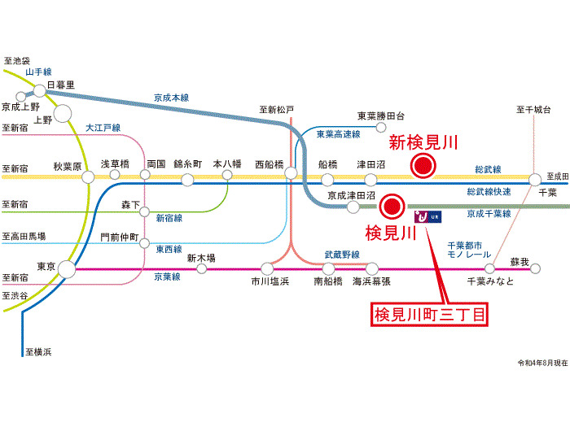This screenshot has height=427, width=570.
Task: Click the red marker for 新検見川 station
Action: pos(423,166)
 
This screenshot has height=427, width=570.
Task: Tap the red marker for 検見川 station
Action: pos(392,207)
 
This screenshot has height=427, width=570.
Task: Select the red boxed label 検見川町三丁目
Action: pos(429,314)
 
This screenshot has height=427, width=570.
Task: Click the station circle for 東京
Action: pos(67,269)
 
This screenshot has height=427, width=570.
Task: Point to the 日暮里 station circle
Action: pos(40,90)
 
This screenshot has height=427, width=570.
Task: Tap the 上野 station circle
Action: pos(63,114)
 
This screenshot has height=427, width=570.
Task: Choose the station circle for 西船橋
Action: pos(291,173)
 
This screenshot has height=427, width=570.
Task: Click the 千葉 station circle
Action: pos(535,180)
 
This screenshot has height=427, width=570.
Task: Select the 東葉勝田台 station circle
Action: pos(380,128)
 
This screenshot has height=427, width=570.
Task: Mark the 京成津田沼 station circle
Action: pos(353,207)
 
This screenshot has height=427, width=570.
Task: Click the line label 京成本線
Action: pos(171,98)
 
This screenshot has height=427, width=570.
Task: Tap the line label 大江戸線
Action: pos(103,128)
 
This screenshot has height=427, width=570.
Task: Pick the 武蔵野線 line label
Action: pos(342,255)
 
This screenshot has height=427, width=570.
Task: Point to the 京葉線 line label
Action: pos(167,277)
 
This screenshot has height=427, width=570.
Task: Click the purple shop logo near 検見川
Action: pos(427,217)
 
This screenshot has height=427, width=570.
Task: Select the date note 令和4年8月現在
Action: pos(543,363)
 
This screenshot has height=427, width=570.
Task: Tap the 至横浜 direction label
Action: pos(38,352)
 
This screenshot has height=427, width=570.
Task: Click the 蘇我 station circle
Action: pos(535,268)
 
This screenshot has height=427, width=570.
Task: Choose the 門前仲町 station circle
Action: pos(145,243)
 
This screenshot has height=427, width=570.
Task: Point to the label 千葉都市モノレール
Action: pos(469,251)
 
